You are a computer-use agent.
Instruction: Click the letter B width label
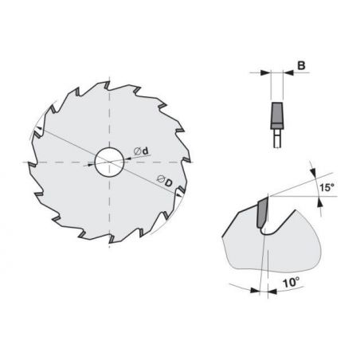pos(301,65)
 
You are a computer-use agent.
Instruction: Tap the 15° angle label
pos(327,187)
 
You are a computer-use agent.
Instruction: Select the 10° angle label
pos(292,283)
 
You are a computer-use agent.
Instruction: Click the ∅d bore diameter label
pos(142,151)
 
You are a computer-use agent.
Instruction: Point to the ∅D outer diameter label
pos(165,181)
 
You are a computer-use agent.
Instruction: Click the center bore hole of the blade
pos(109,162)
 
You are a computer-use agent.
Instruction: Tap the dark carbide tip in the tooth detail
pos(262,213)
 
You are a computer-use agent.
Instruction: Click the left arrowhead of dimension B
pos(265,72)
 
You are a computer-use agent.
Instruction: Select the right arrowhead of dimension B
pos(288,72)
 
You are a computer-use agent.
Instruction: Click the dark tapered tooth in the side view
pos(276,115)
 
